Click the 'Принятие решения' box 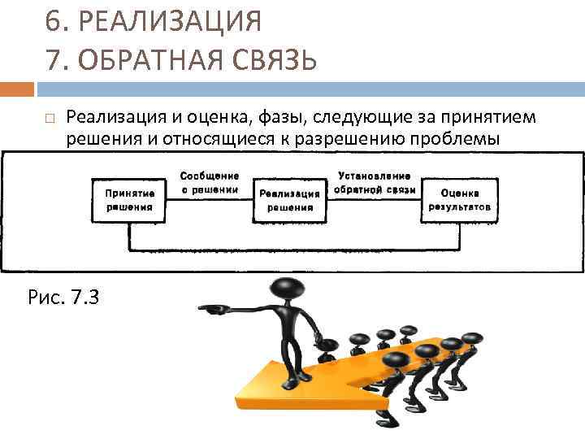coord(128,200)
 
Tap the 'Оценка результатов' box coord(459,200)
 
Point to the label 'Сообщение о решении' coord(209,182)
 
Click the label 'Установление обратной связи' coord(374,182)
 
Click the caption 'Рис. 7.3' coord(63,297)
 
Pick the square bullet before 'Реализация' coord(49,119)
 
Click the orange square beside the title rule coord(17,88)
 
